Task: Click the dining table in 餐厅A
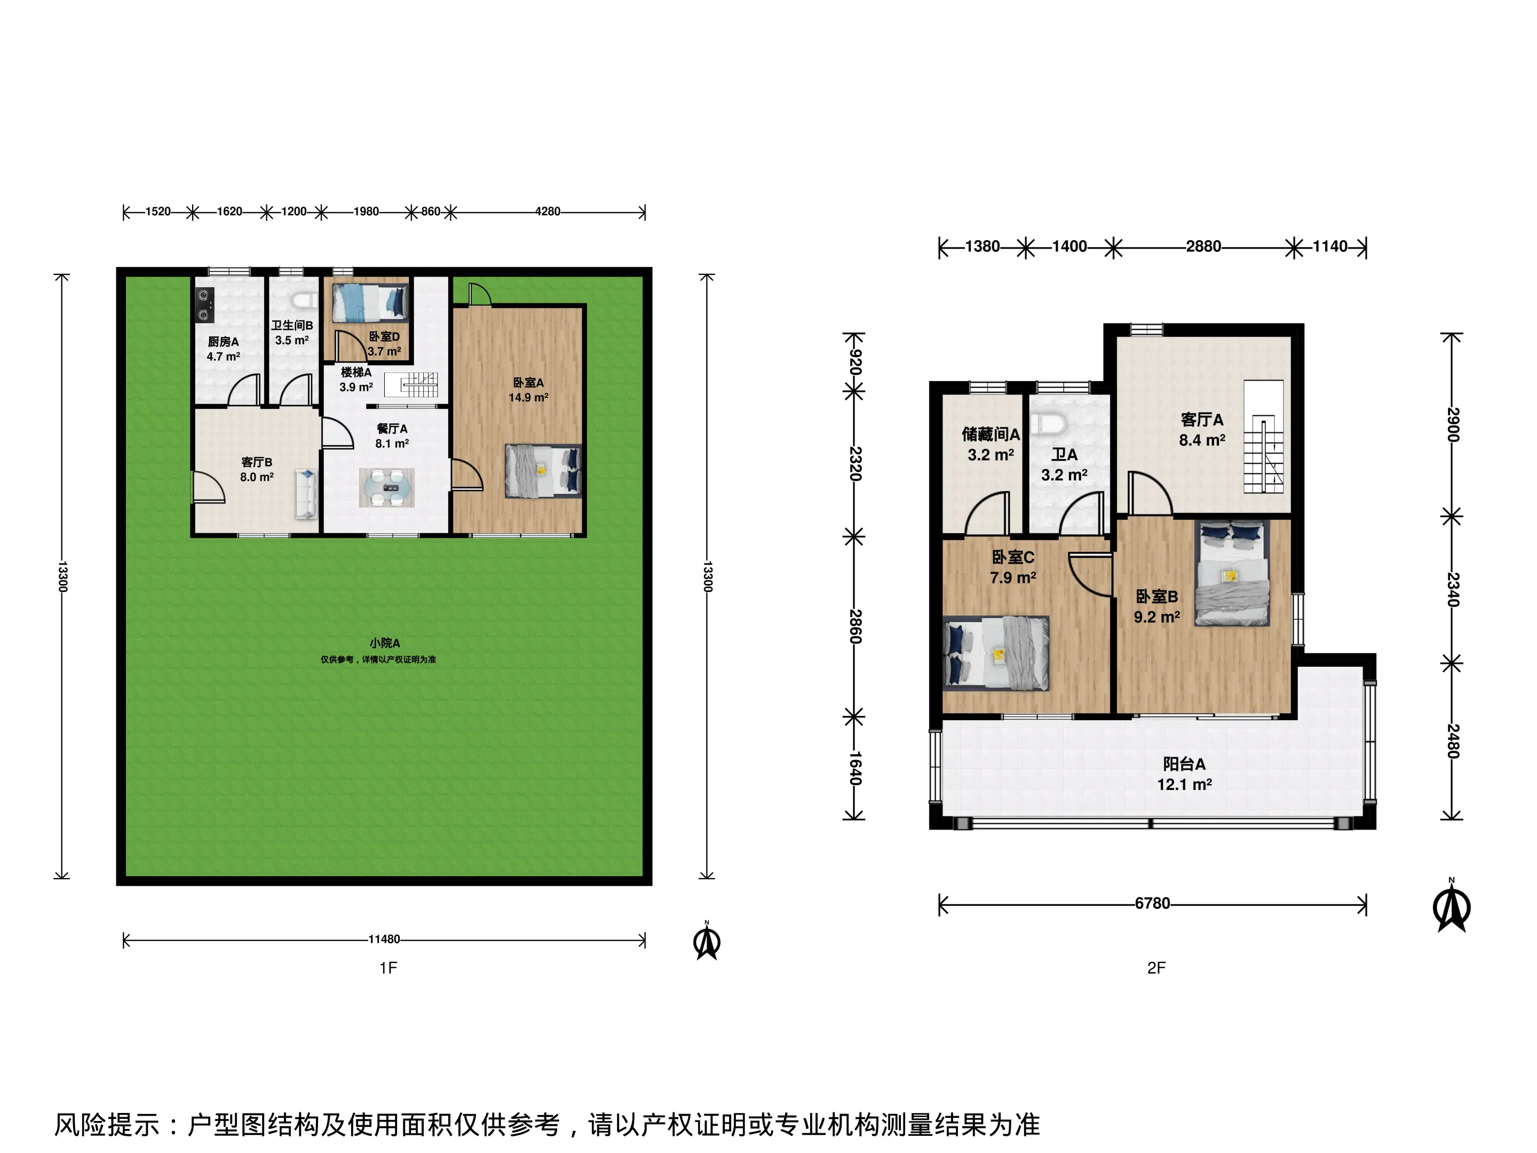click(386, 487)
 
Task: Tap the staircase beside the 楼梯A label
click(412, 384)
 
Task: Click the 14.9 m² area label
click(528, 398)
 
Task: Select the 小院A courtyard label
click(384, 643)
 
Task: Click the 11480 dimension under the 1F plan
click(384, 939)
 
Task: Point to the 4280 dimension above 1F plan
click(548, 211)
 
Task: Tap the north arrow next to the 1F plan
click(707, 941)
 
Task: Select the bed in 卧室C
click(996, 653)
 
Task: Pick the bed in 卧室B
click(1232, 573)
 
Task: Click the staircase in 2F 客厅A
click(1263, 437)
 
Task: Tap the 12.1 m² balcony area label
click(1184, 785)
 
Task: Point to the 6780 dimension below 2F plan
click(1153, 904)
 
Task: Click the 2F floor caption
click(1156, 967)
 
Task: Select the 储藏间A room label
click(991, 435)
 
